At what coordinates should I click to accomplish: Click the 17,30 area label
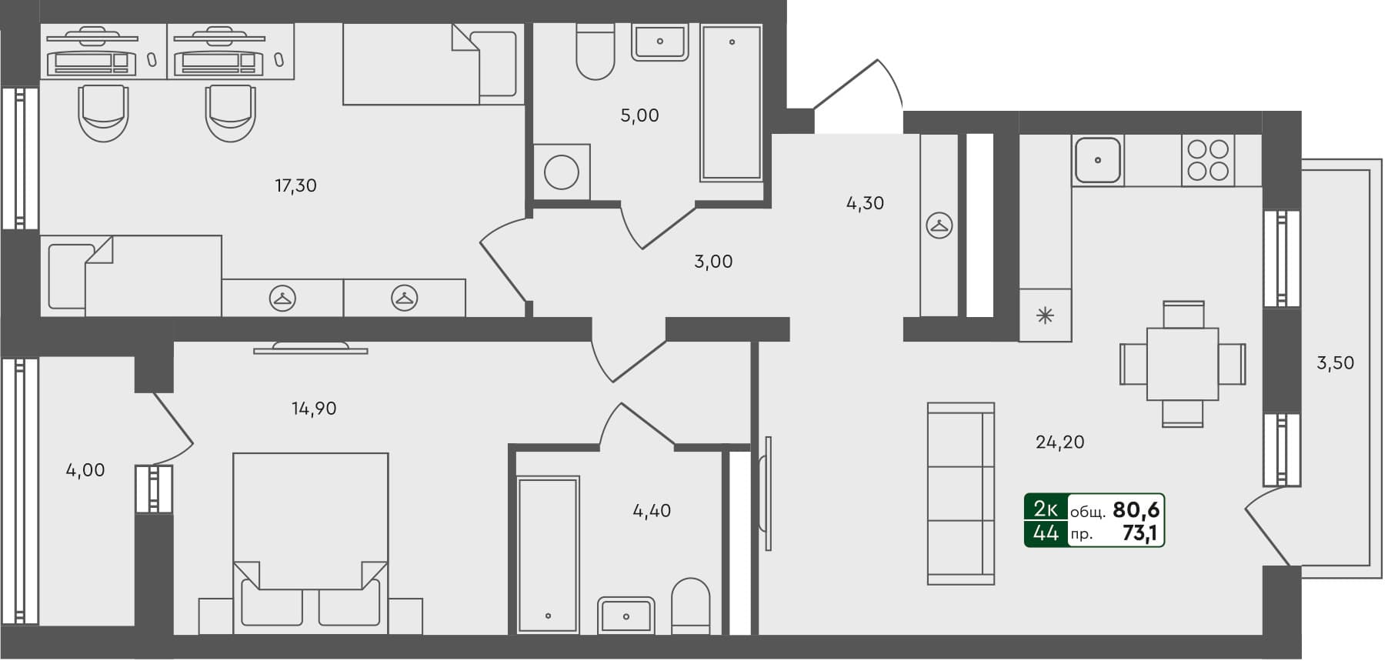click(x=295, y=185)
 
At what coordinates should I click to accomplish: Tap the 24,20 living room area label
click(x=1059, y=442)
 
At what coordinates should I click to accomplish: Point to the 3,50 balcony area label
click(x=1335, y=362)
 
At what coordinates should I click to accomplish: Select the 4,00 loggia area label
click(x=85, y=470)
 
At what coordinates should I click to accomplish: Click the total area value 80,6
click(x=1136, y=509)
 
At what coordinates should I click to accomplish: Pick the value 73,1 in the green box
click(x=1141, y=533)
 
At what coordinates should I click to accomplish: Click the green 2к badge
click(x=1046, y=509)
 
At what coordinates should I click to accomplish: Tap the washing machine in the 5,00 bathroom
click(x=561, y=172)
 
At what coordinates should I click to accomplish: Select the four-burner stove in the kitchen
click(x=1207, y=160)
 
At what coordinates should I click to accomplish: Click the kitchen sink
click(x=1097, y=160)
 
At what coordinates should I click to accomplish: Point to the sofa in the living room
click(x=961, y=493)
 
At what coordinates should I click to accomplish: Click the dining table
click(x=1182, y=363)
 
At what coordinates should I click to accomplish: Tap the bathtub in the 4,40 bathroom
click(x=548, y=554)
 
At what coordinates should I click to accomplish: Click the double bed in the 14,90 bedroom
click(x=310, y=539)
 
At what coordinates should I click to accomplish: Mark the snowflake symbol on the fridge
click(x=1044, y=315)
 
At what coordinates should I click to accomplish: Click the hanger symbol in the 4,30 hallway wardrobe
click(x=939, y=225)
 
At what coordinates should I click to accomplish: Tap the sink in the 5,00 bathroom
click(x=659, y=42)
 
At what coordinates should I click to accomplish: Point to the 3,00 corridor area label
click(x=713, y=262)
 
